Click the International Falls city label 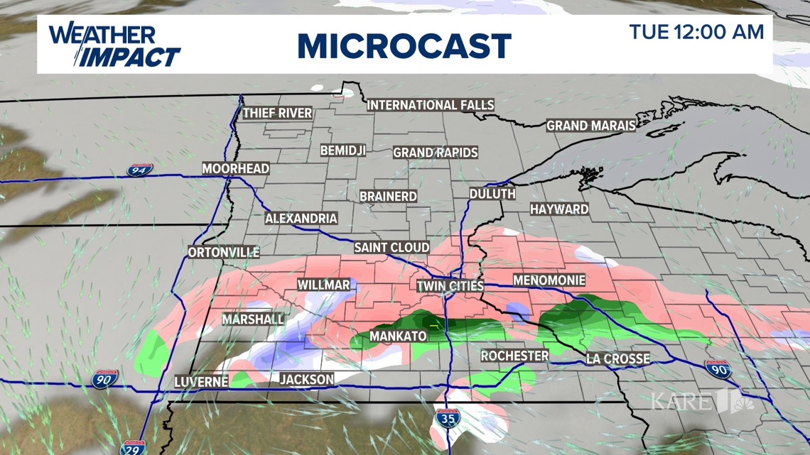click(430, 105)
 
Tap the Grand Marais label click(591, 126)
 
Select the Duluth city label click(492, 194)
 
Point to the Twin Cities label click(450, 286)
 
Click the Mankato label click(398, 336)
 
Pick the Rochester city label click(515, 356)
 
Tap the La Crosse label click(617, 359)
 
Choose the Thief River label click(277, 113)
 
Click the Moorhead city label click(236, 169)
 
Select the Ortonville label click(224, 253)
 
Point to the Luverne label click(201, 382)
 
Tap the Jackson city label click(306, 380)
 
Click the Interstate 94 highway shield click(139, 170)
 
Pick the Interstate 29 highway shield click(131, 447)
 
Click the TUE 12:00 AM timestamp click(696, 32)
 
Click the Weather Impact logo click(114, 45)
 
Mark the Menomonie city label click(549, 280)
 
